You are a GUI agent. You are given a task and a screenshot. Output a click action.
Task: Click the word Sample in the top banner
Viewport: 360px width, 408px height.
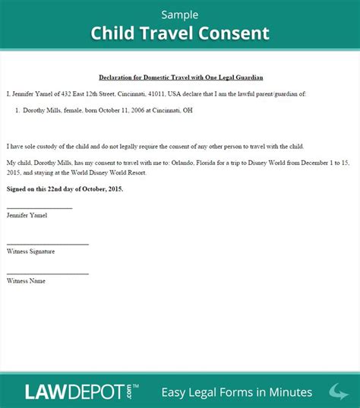coord(179,14)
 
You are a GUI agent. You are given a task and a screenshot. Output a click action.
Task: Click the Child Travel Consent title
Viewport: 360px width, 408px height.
coord(180,33)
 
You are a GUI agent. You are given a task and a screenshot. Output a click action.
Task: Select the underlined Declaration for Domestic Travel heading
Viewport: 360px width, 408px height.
coord(180,77)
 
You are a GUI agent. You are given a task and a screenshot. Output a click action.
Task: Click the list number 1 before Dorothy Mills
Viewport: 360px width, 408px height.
coord(17,110)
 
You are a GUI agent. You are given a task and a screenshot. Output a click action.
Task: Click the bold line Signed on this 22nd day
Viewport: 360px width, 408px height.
coord(65,188)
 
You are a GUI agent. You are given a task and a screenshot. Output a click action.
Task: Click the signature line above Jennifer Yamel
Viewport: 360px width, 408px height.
coord(39,208)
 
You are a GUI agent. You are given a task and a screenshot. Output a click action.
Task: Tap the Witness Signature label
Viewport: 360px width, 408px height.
coord(30,251)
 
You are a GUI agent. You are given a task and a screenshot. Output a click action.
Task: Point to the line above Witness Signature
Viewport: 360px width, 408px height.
coord(47,244)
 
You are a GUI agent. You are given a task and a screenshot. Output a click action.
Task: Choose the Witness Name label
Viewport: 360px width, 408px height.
coord(26,280)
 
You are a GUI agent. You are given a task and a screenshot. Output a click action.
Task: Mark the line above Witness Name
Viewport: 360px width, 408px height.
coord(47,274)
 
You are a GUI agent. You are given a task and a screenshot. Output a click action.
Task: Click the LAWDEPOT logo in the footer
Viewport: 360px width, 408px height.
coord(74,391)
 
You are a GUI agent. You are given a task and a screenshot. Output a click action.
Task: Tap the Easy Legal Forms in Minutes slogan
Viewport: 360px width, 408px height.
coord(236,392)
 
